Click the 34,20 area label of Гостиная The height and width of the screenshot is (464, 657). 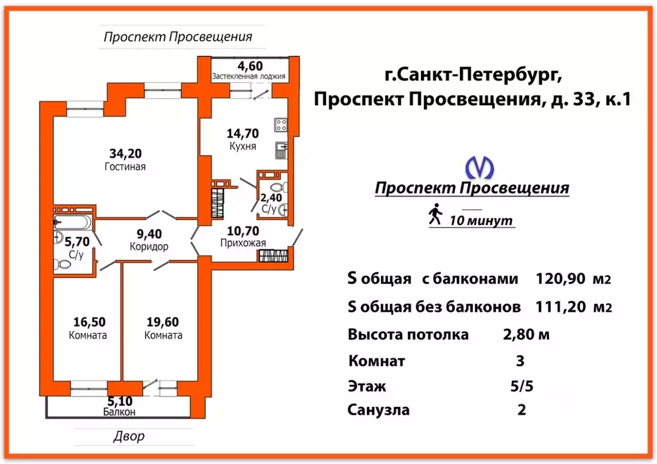coord(126,153)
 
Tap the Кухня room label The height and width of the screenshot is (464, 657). coord(242,147)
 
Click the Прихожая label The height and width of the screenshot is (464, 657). coord(243,242)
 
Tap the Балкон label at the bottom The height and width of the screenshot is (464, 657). coord(119,412)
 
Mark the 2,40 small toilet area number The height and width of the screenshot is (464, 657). coord(269,197)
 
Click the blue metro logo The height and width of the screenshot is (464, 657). coord(479,168)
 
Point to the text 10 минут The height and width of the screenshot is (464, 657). coord(481,221)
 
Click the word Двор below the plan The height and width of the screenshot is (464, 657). coord(129,436)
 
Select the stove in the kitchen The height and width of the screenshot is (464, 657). coord(280,124)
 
